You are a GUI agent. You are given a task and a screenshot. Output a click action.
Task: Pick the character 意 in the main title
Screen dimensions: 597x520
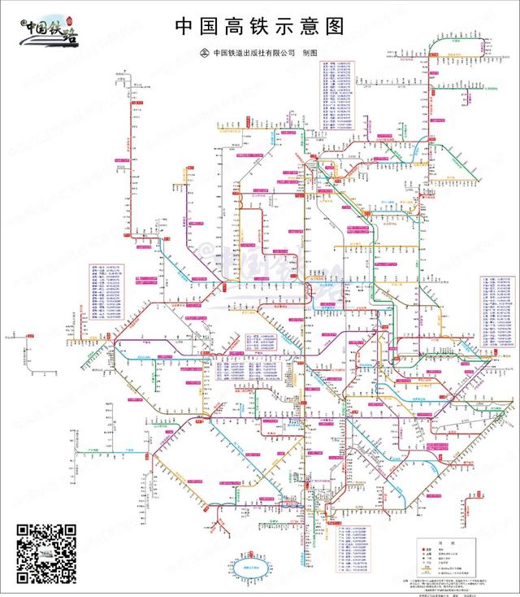309,26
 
